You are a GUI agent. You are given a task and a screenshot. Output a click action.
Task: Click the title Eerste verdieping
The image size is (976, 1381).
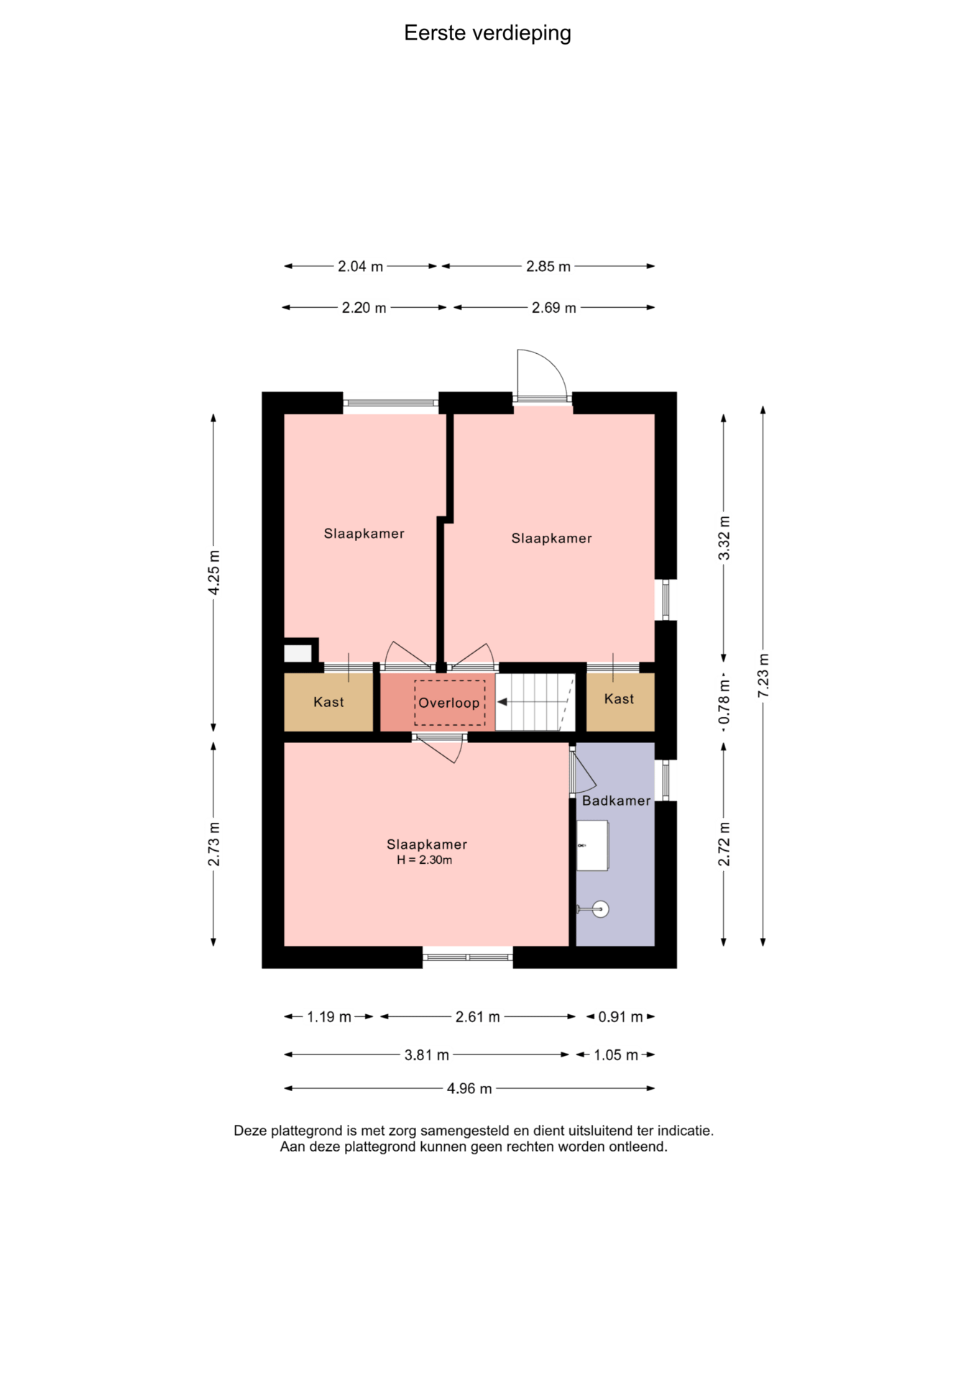487,33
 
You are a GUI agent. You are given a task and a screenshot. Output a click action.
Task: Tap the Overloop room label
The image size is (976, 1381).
449,703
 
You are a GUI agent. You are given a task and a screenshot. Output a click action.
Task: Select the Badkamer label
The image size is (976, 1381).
616,801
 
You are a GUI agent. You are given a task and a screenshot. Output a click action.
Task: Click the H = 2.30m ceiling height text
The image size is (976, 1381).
425,860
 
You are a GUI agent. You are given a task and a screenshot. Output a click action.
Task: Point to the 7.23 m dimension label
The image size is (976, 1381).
763,675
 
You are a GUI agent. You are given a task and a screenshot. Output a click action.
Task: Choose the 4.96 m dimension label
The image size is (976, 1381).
469,1088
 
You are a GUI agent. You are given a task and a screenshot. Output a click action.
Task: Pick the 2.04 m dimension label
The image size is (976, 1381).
360,266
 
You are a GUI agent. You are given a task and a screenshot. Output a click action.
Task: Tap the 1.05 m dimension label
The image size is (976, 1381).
616,1055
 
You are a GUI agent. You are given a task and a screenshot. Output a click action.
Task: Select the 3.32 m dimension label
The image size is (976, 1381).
724,538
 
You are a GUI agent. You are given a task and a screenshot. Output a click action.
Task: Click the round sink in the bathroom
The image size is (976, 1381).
601,909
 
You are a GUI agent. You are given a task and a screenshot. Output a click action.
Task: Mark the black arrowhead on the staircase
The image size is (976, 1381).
502,702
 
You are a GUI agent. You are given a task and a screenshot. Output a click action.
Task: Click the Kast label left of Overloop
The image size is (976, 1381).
328,702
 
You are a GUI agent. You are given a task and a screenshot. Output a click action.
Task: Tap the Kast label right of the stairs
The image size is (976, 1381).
619,699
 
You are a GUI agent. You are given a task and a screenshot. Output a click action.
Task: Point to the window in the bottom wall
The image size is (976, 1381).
468,957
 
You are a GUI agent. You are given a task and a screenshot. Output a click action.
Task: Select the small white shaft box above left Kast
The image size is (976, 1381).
298,653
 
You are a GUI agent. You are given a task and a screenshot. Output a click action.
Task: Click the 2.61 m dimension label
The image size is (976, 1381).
478,1017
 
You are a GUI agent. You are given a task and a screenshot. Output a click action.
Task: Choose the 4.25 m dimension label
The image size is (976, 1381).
214,573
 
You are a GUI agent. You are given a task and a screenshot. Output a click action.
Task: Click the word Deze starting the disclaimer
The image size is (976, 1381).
250,1131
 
